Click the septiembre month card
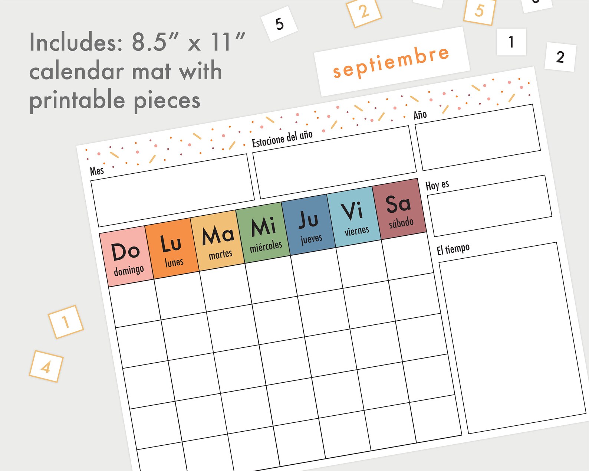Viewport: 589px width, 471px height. click(x=391, y=62)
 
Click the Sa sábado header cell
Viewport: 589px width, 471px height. click(x=399, y=210)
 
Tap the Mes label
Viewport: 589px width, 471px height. click(x=97, y=171)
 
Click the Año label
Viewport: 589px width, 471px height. click(x=420, y=115)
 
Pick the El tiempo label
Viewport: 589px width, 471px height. click(x=453, y=249)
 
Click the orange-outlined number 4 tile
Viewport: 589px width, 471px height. click(x=46, y=366)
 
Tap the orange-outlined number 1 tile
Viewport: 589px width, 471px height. click(x=66, y=322)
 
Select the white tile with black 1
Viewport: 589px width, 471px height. click(x=511, y=42)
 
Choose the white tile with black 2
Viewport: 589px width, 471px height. click(x=560, y=57)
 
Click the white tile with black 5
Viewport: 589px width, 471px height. click(x=280, y=24)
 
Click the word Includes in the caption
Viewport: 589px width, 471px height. click(x=76, y=42)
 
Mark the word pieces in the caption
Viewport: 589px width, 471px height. click(x=167, y=100)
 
